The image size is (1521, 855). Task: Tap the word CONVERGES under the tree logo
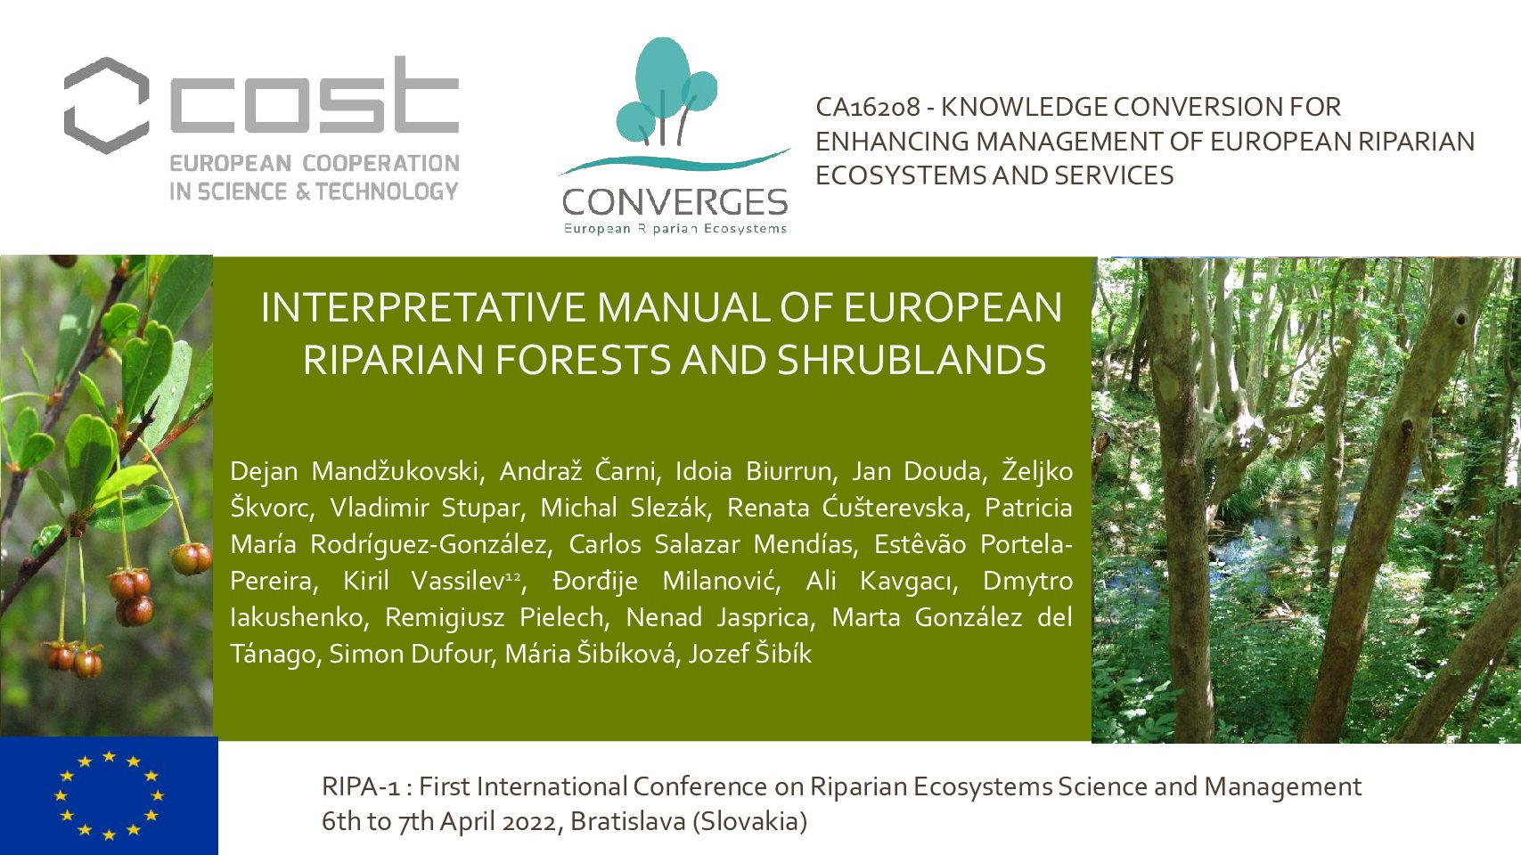coord(675,202)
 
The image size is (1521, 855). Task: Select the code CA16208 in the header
coord(867,107)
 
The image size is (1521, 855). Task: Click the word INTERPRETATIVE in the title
coord(424,307)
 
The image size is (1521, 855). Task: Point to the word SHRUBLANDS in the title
coord(912,360)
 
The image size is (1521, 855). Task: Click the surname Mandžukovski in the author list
coord(398,471)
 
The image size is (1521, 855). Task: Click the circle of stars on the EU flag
coord(109,794)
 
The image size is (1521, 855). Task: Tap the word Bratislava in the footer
coord(628,822)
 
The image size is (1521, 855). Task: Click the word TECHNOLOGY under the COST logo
coord(387,192)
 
